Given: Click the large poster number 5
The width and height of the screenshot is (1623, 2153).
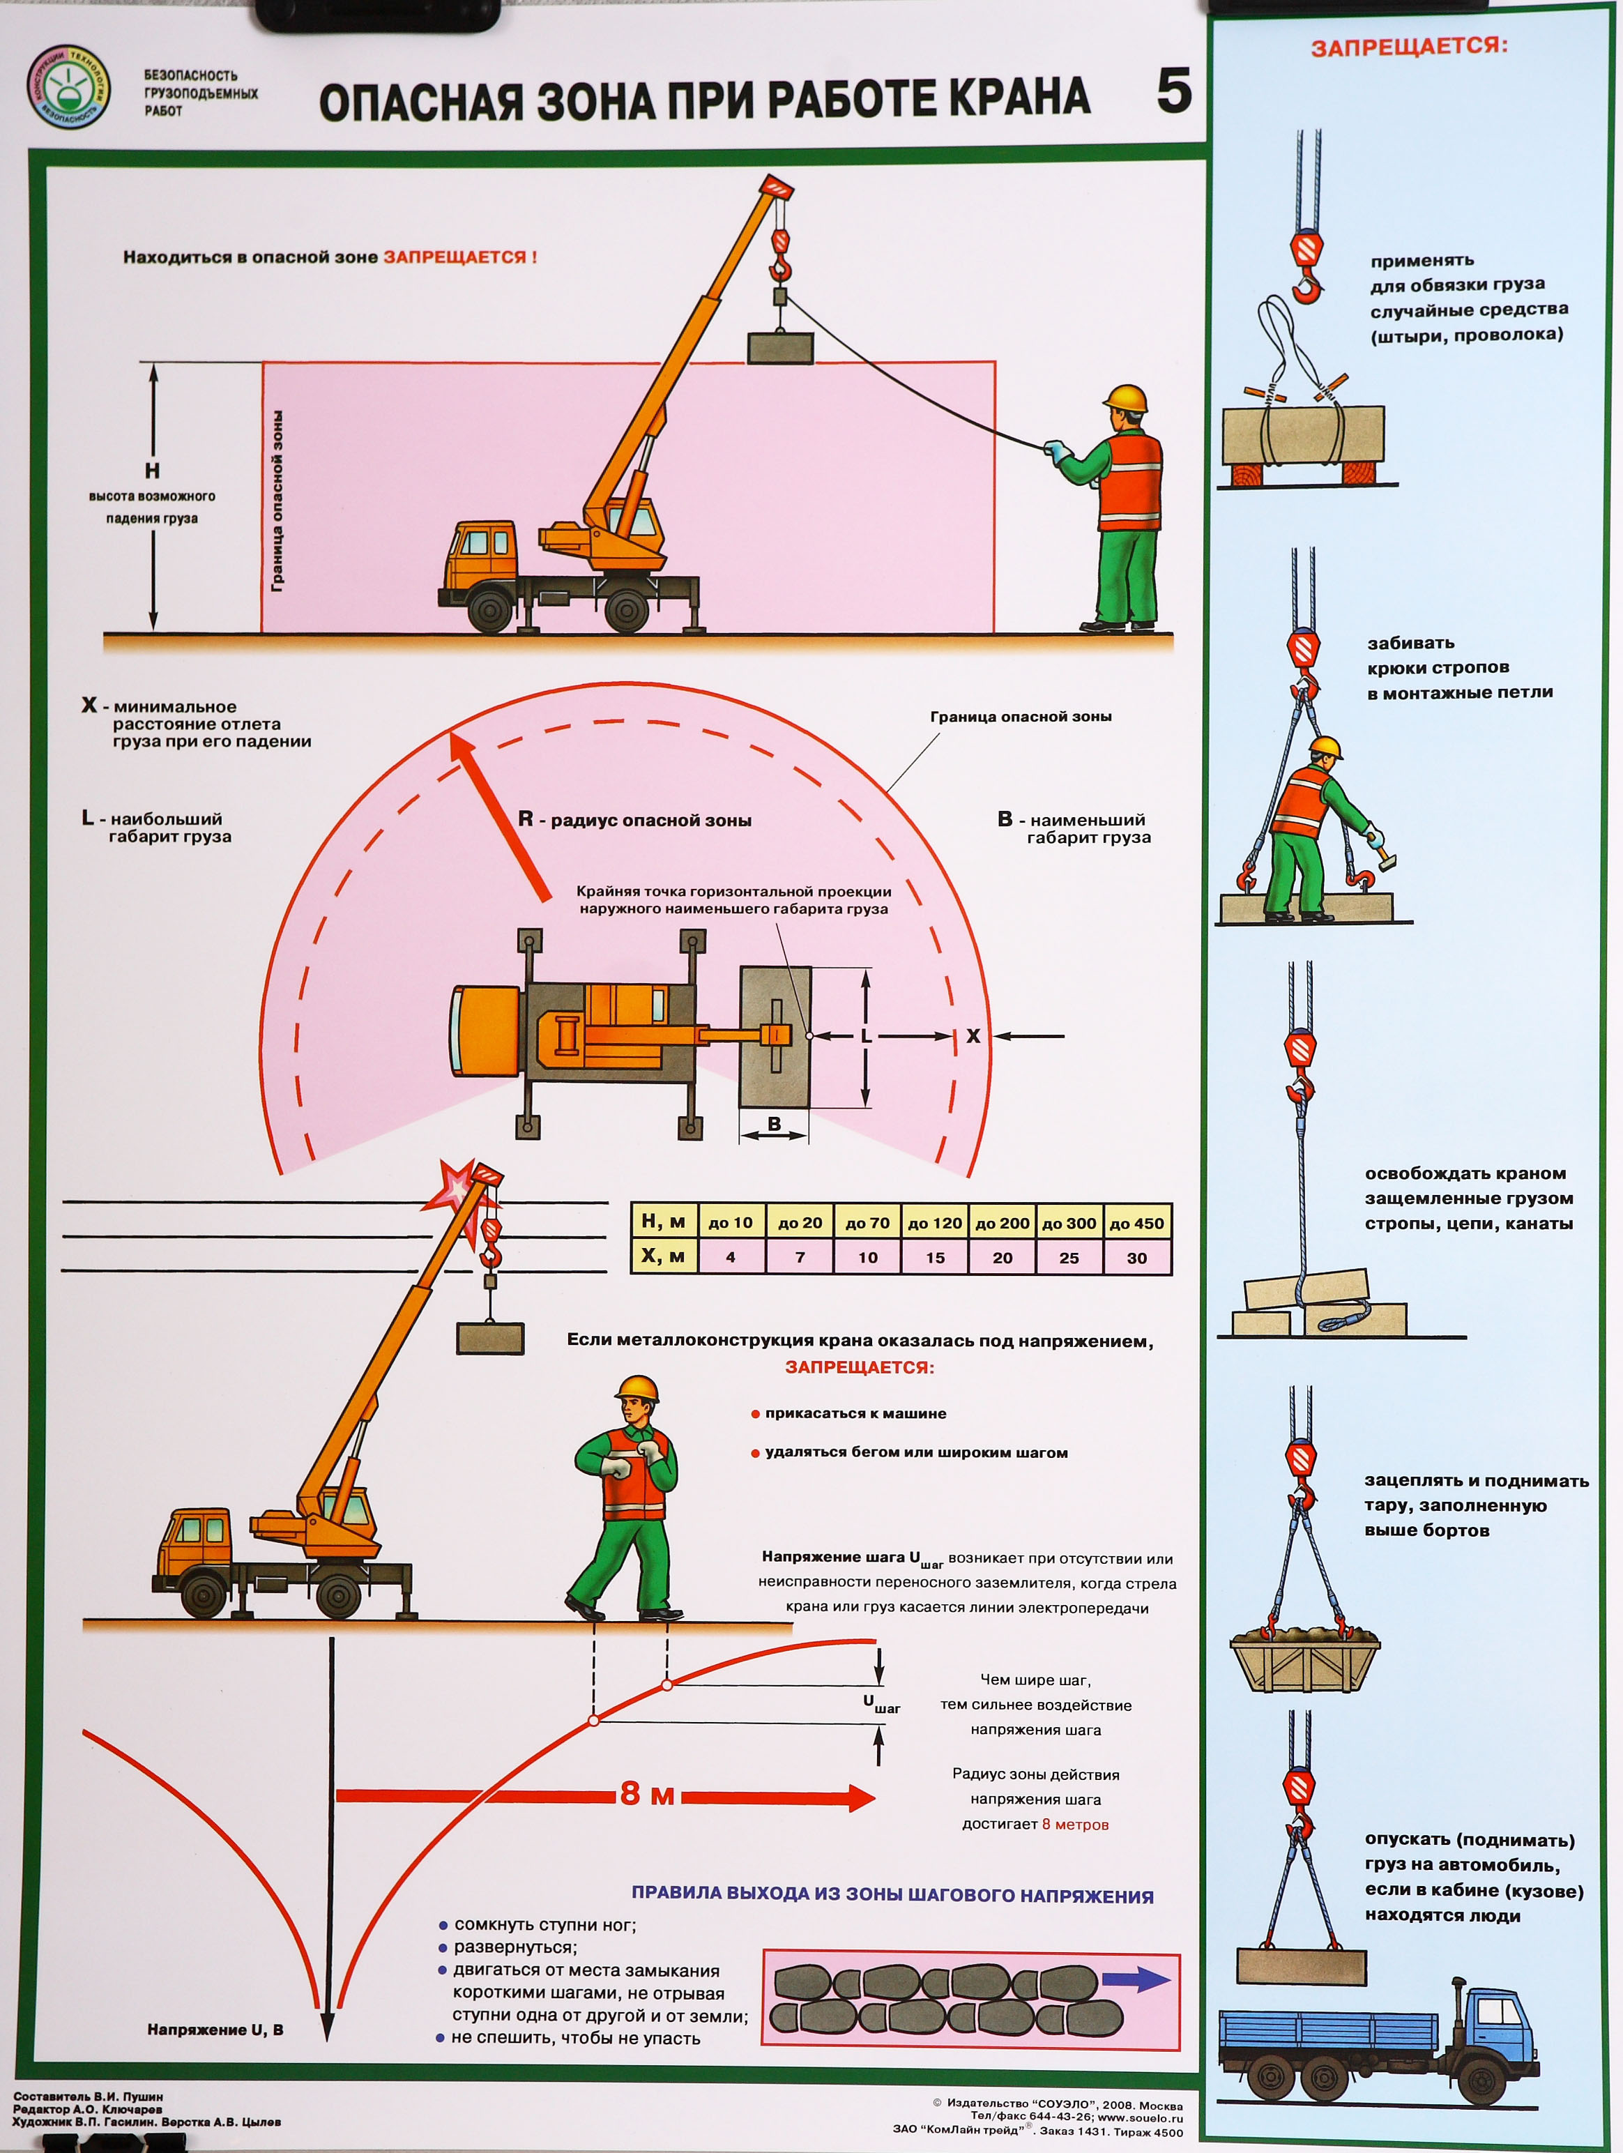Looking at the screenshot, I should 1173,93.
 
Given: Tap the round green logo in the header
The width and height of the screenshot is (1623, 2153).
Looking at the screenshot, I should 69,88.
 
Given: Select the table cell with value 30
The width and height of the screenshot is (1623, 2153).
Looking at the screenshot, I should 1136,1258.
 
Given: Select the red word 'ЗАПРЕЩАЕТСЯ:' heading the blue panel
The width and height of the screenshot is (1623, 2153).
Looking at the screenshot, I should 1408,47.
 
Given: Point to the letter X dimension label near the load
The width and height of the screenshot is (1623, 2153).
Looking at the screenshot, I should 973,1037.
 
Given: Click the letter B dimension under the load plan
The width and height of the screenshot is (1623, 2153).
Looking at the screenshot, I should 775,1124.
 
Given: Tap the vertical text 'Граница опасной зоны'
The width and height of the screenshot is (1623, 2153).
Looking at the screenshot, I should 278,501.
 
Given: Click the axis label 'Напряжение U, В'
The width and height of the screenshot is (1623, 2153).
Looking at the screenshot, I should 215,2030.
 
